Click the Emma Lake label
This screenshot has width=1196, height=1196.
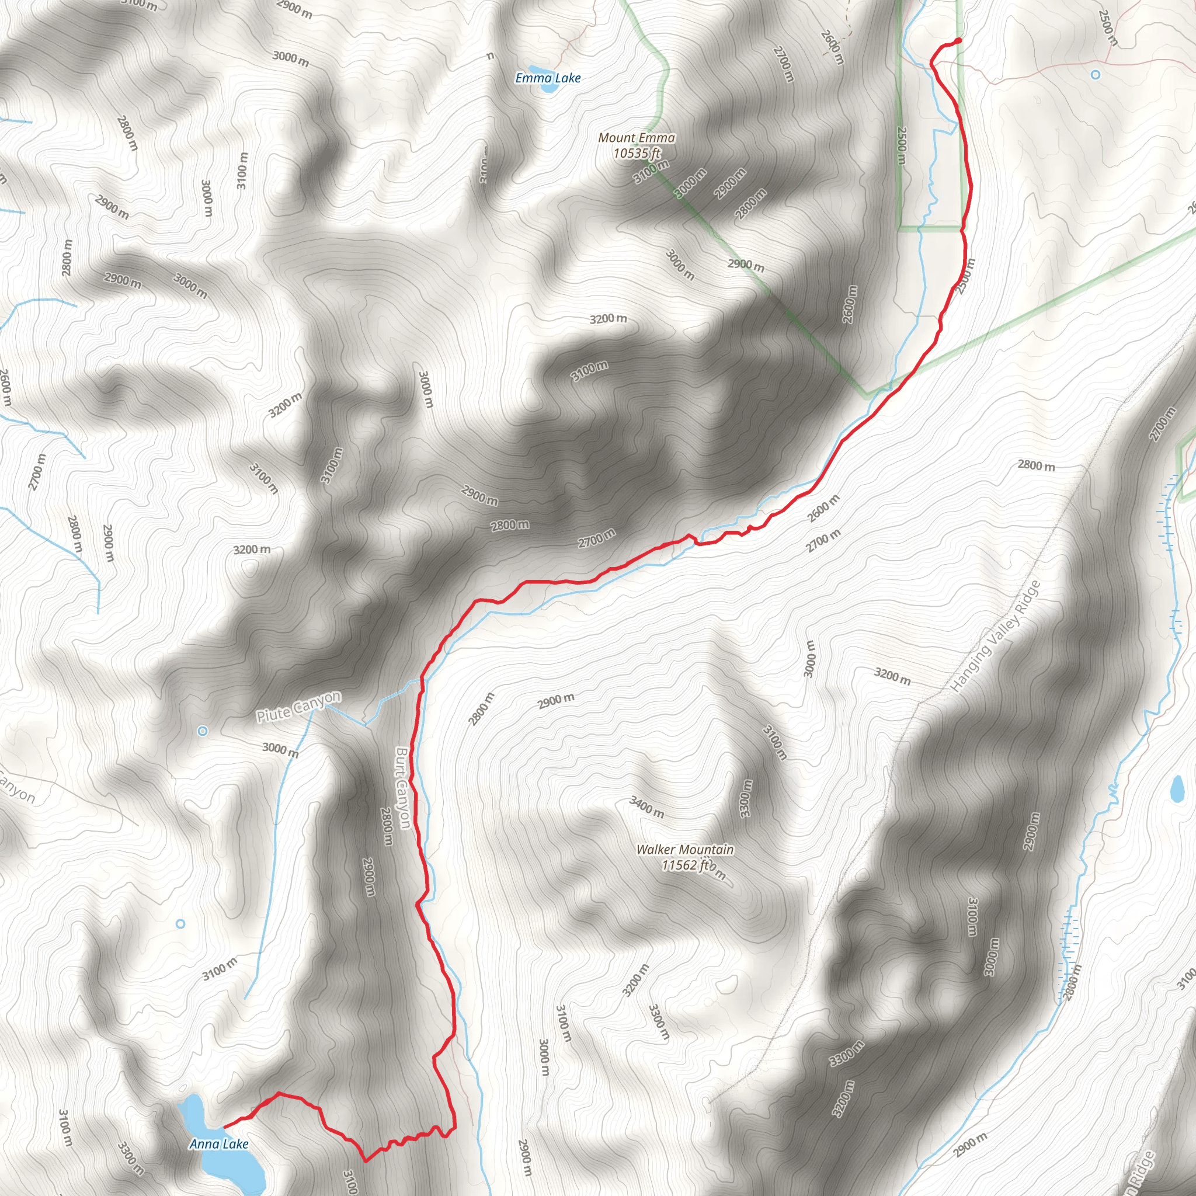point(548,78)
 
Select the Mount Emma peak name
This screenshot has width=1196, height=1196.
point(637,138)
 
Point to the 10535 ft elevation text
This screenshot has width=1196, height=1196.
point(637,153)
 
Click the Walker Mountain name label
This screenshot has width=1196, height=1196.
point(684,850)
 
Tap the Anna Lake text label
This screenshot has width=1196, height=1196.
point(218,1144)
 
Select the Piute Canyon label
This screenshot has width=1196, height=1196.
point(298,707)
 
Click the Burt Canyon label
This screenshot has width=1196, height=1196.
point(403,787)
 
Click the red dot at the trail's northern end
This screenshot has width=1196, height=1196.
point(958,41)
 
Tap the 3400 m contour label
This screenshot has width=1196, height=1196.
point(646,807)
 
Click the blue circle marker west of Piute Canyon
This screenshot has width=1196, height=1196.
point(203,731)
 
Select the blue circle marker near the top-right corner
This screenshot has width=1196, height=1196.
point(1095,75)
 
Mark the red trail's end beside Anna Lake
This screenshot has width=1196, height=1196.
point(225,1127)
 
